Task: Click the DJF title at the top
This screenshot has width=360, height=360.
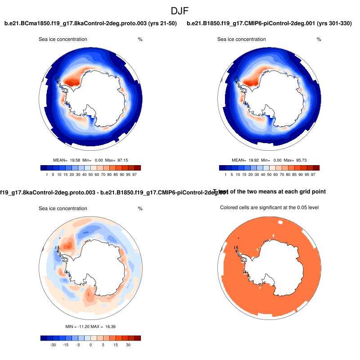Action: click(x=180, y=10)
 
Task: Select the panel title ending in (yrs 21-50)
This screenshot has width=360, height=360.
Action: click(x=90, y=23)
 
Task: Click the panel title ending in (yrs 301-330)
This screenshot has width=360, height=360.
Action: click(x=269, y=23)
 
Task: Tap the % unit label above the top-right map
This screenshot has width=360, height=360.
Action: click(x=319, y=40)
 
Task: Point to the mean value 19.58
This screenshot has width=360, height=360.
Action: click(x=74, y=160)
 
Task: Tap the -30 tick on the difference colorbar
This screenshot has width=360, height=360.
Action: click(x=53, y=345)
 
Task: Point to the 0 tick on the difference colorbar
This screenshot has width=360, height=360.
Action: click(x=90, y=345)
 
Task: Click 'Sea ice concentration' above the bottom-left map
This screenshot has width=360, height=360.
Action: click(x=63, y=209)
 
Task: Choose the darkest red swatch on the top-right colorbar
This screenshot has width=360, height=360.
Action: click(x=316, y=168)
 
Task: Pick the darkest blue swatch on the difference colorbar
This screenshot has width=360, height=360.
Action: click(x=43, y=338)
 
